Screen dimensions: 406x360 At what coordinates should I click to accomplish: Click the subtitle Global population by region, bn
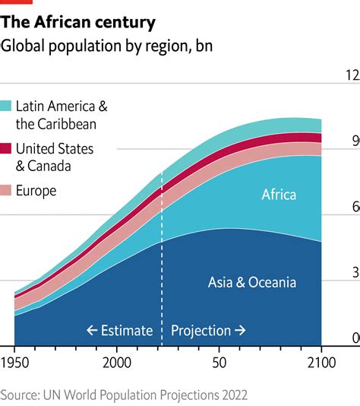click(106, 46)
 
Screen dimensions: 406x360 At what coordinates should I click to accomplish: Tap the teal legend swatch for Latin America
click(6, 106)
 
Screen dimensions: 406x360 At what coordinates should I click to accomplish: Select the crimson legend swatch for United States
click(6, 148)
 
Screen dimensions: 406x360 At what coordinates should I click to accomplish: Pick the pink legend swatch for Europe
click(6, 191)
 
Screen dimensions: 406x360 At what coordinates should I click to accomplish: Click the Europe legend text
click(36, 191)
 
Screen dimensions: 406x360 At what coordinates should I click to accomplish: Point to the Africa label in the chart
click(279, 195)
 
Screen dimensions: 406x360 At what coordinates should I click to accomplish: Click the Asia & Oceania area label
click(252, 283)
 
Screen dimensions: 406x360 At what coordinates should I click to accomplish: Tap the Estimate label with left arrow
click(119, 331)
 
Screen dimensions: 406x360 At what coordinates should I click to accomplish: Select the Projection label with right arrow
click(208, 331)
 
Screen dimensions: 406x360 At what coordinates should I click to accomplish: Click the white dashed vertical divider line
click(162, 259)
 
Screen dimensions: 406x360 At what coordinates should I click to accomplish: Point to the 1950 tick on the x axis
click(15, 361)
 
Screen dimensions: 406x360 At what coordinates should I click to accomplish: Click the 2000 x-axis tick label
click(117, 361)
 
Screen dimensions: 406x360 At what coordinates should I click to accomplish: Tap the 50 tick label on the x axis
click(219, 361)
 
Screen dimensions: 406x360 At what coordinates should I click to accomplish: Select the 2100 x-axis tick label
click(321, 361)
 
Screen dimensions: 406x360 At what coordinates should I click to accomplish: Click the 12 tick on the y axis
click(352, 75)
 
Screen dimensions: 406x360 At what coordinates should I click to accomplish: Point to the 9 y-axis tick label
click(353, 141)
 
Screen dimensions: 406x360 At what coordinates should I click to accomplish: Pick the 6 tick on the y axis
click(353, 207)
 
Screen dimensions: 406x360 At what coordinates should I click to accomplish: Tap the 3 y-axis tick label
click(353, 272)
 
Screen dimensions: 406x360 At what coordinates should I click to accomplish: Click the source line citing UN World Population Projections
click(124, 395)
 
